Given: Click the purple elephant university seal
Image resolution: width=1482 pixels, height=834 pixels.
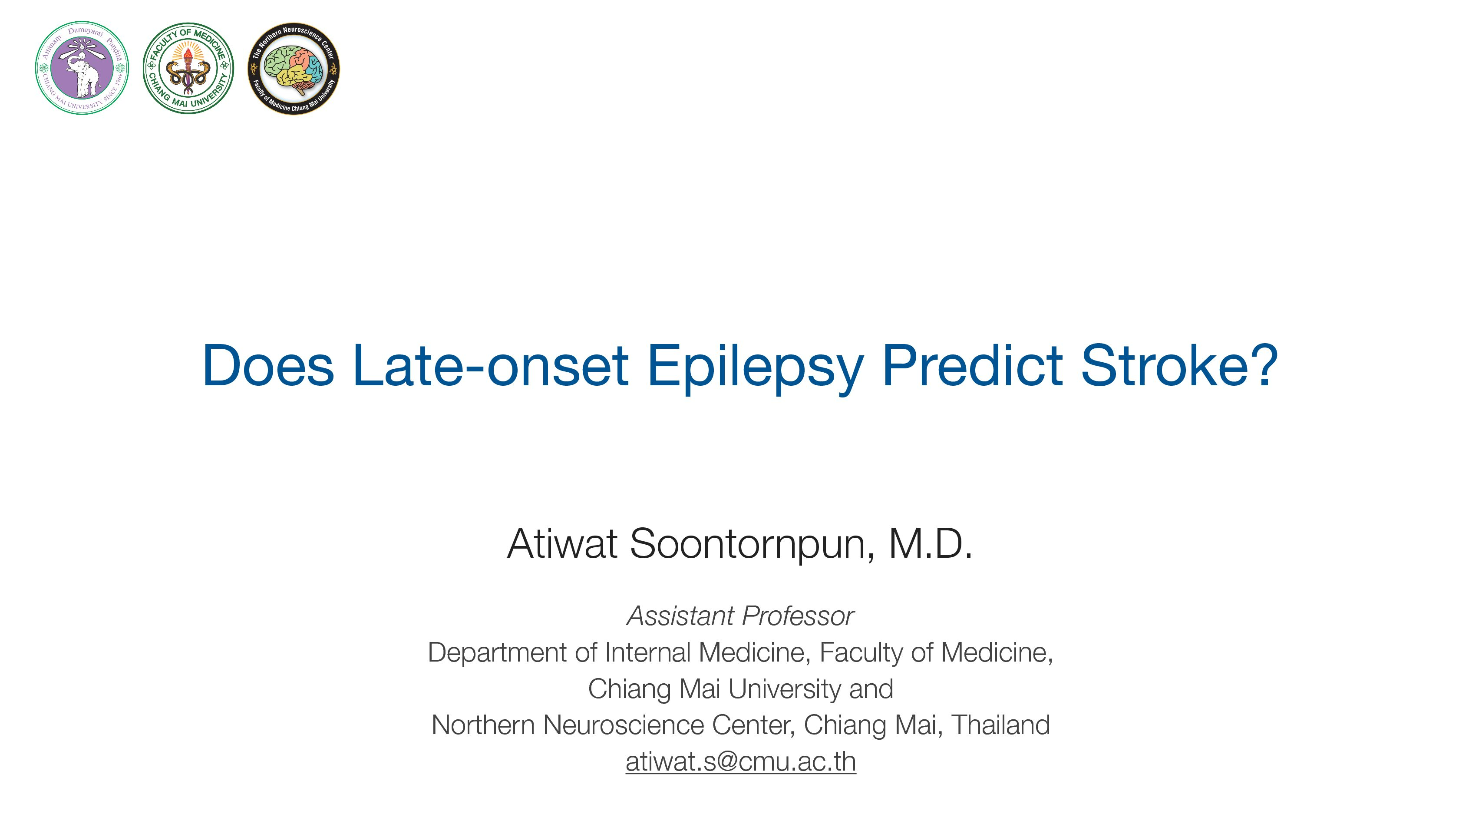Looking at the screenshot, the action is [82, 68].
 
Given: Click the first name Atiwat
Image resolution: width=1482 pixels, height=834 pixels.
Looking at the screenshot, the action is [562, 543].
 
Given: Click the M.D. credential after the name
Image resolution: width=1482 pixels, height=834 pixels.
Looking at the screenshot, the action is [930, 543].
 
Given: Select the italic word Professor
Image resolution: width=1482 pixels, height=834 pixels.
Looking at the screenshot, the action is [797, 616].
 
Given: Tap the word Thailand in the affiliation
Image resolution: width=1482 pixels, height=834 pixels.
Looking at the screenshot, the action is [1001, 725].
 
